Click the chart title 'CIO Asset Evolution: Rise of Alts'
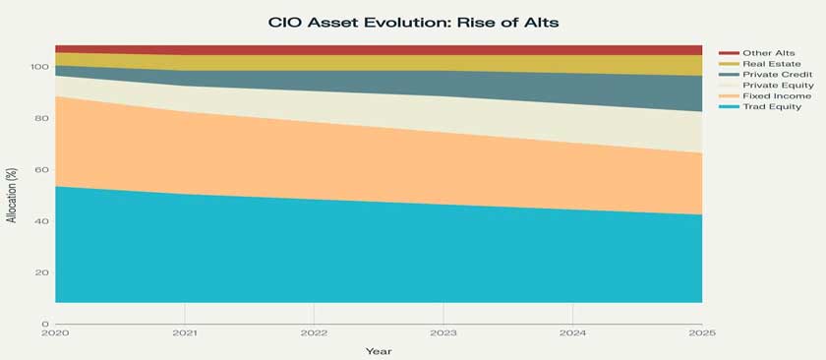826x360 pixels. [413, 24]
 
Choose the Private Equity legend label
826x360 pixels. [778, 86]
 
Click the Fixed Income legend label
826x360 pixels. [777, 96]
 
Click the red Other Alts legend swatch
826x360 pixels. [729, 53]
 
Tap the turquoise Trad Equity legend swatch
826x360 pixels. [729, 107]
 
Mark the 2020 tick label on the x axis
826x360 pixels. [55, 333]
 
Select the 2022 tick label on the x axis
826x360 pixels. [314, 333]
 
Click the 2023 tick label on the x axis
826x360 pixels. [443, 333]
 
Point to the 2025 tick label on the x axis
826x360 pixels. [702, 333]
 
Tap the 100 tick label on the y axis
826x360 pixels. [41, 67]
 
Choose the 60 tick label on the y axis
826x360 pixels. [44, 170]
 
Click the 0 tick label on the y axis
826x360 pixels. [45, 324]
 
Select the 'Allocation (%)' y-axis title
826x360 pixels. [13, 195]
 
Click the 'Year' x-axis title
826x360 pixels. [379, 351]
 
